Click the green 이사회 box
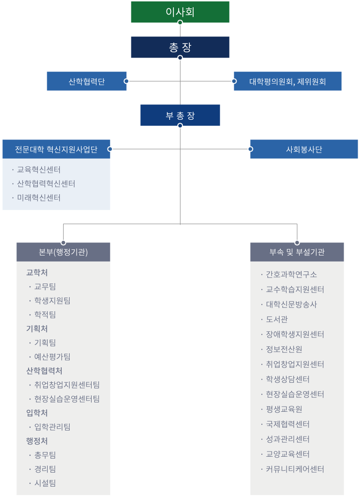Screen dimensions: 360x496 [x=180, y=12]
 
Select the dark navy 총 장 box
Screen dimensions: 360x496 [x=180, y=47]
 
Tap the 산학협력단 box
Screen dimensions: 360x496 [x=86, y=81]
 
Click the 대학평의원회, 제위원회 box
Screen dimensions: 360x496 [x=288, y=81]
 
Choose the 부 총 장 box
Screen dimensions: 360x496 [x=180, y=115]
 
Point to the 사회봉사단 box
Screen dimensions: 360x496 [x=304, y=149]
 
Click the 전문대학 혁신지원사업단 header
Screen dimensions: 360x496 [x=56, y=149]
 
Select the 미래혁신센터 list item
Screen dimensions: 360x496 [x=38, y=198]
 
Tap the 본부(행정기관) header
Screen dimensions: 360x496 [x=63, y=252]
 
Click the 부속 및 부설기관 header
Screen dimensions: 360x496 [x=297, y=252]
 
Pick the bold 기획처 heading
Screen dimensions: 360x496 [x=37, y=328]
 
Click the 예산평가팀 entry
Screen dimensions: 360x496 [x=52, y=357]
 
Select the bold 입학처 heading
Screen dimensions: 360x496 [x=37, y=413]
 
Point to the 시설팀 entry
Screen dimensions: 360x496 [x=45, y=483]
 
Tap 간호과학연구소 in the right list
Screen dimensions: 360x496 [x=291, y=274]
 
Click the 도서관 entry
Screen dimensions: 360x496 [x=277, y=319]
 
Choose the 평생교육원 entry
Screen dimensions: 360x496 [x=284, y=409]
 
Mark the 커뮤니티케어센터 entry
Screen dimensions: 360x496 [x=295, y=469]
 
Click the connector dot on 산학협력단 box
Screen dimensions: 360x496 [x=126, y=81]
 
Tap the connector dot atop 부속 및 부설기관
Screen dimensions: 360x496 [x=297, y=243]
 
